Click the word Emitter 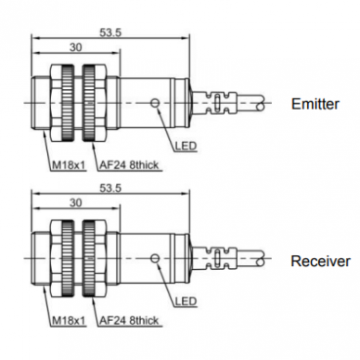(315, 104)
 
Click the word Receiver (320, 262)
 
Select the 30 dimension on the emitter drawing (76, 47)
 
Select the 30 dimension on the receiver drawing (76, 202)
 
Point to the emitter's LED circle (155, 103)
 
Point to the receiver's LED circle (155, 258)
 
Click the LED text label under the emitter (186, 146)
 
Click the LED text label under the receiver (186, 301)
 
